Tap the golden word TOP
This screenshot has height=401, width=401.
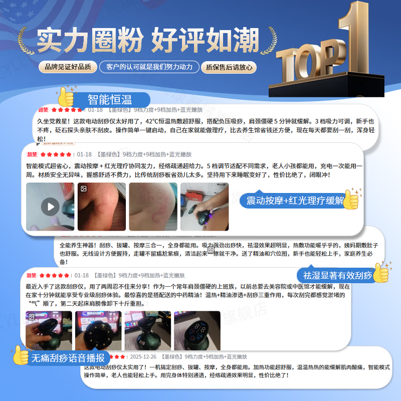[306, 63]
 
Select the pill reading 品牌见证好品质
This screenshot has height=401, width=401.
[68, 67]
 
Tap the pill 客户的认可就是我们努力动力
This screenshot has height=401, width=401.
[149, 67]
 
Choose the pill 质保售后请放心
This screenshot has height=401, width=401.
[229, 67]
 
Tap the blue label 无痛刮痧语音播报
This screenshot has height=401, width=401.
[68, 358]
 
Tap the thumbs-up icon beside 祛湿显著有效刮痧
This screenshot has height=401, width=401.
[382, 273]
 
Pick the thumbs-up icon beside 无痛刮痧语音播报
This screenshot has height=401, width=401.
[21, 355]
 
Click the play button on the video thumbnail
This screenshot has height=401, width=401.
[50, 207]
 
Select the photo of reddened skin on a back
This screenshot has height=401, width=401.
[152, 207]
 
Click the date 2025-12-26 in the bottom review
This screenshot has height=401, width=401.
[142, 357]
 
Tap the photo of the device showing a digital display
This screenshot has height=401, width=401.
[197, 331]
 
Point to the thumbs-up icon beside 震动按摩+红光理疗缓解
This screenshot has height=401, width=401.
[351, 199]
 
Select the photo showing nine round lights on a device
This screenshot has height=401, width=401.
[99, 331]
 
